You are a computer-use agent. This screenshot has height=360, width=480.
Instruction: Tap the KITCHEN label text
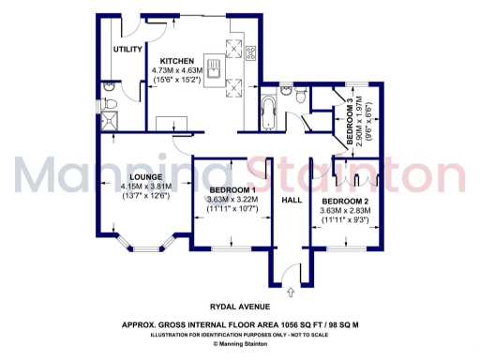[175, 62]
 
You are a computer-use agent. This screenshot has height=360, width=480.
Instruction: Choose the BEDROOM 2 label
[345, 202]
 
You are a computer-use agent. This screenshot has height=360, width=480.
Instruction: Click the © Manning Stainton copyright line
[240, 343]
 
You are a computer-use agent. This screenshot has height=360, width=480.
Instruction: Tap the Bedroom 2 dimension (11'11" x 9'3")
[345, 221]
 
